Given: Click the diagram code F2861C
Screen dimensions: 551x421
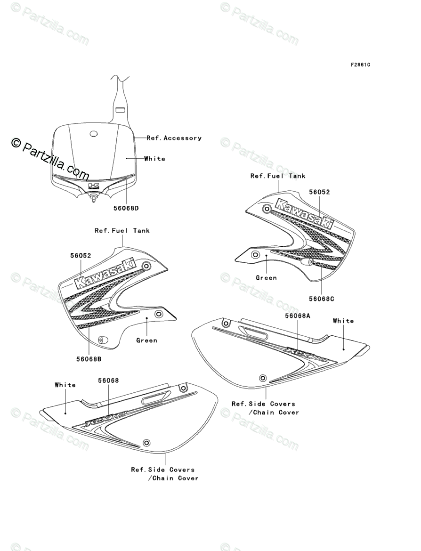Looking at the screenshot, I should click(x=360, y=65).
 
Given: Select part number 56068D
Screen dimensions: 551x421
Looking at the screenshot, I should click(x=126, y=208).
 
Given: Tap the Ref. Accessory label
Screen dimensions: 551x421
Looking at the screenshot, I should click(x=174, y=138).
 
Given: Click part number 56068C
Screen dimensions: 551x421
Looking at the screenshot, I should click(x=322, y=299).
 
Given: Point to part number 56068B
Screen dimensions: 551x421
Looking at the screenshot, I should click(x=89, y=359).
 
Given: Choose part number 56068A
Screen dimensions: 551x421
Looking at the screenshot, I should click(x=298, y=316).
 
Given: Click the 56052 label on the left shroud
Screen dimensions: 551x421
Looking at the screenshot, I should click(x=81, y=256).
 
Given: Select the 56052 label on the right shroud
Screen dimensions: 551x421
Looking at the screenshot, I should click(x=319, y=192).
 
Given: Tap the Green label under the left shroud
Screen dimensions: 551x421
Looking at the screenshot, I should click(x=146, y=340).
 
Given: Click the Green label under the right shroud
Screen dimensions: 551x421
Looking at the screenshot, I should click(x=266, y=278).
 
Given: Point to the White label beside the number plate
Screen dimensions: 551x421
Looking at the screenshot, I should click(x=154, y=159).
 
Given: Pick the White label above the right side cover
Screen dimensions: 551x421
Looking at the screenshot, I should click(x=343, y=321).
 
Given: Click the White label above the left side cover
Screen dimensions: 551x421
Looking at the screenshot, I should click(x=65, y=385).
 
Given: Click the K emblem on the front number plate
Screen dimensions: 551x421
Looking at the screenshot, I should click(x=95, y=186).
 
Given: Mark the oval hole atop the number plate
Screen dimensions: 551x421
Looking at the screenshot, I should click(x=94, y=135).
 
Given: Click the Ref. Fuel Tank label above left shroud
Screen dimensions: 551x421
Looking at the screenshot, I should click(x=122, y=230).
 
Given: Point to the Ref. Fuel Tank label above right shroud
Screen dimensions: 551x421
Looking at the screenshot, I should click(x=277, y=176).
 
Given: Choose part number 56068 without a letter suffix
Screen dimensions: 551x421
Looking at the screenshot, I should click(x=108, y=380).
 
